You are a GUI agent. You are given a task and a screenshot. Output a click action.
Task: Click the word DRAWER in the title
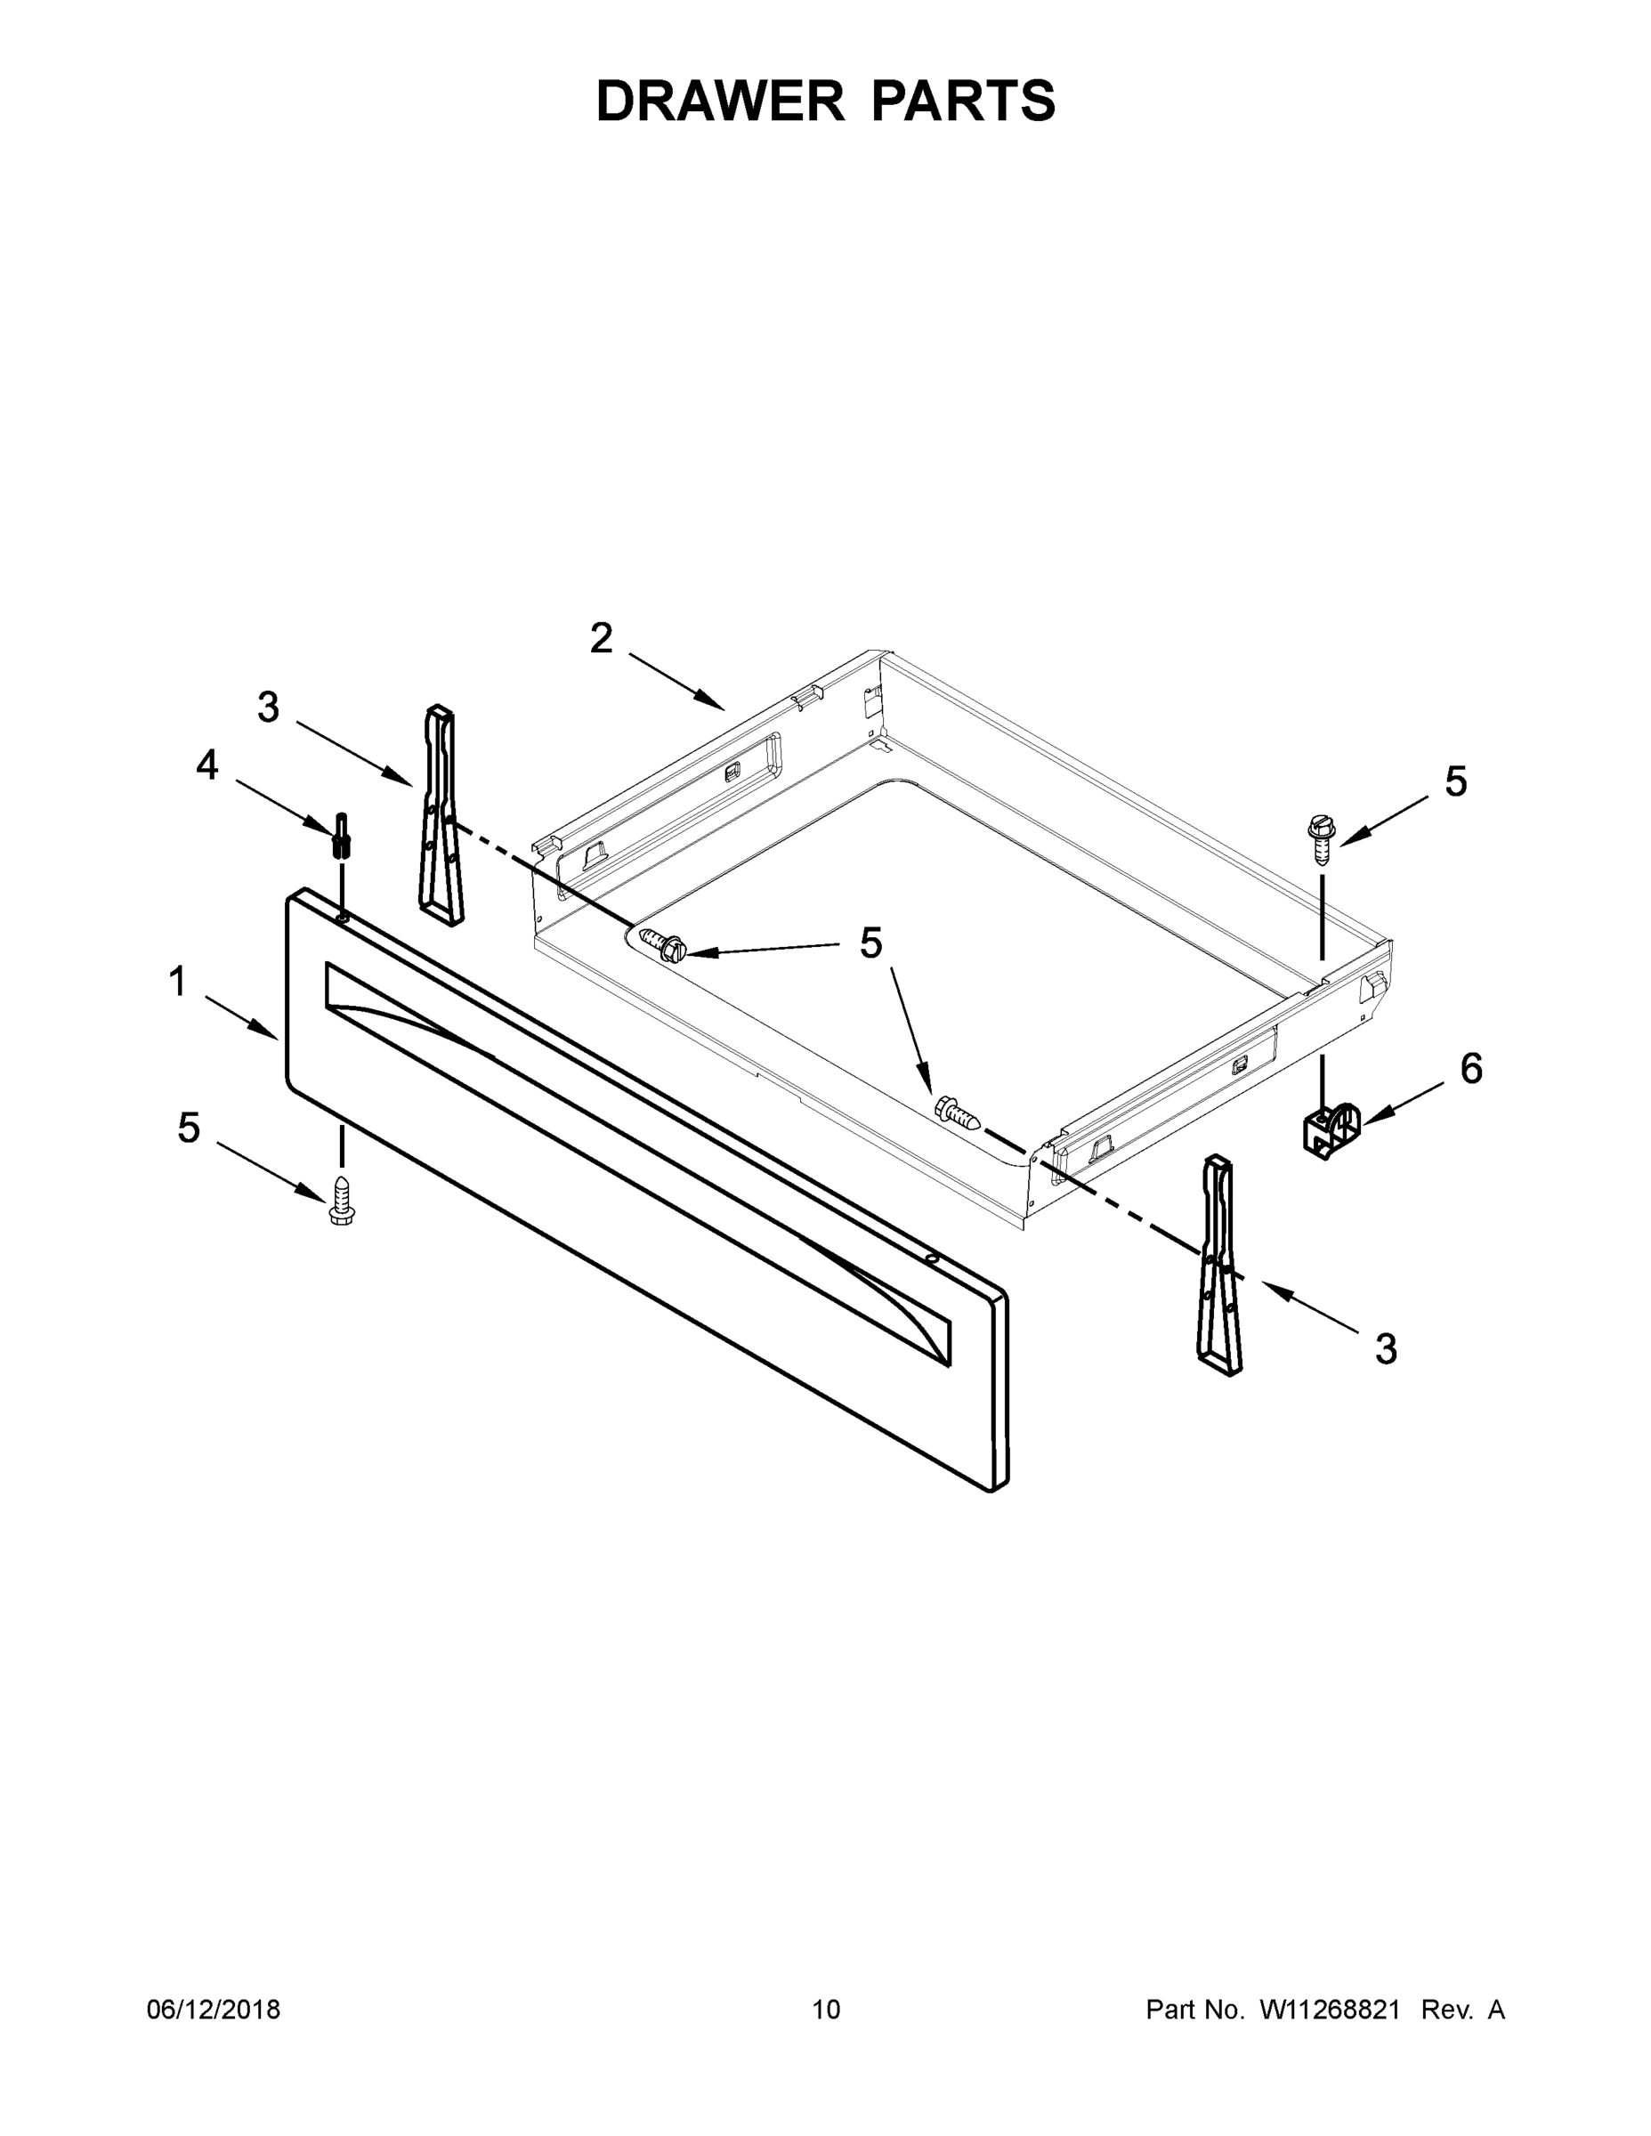click(x=720, y=101)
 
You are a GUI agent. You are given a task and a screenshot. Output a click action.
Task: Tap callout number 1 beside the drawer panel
click(x=177, y=981)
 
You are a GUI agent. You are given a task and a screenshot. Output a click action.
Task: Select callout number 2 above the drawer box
click(x=601, y=639)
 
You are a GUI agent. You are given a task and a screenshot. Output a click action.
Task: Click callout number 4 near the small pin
click(x=207, y=765)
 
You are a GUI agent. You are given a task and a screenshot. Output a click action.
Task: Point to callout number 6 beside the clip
click(x=1471, y=1069)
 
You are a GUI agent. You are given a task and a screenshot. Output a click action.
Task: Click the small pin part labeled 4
click(x=343, y=834)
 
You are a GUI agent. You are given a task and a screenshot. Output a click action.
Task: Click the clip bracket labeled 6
click(x=1332, y=1130)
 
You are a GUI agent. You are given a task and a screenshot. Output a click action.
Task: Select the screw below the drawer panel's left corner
click(x=342, y=1200)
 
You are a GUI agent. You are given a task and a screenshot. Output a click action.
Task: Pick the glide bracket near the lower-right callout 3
click(x=1218, y=1266)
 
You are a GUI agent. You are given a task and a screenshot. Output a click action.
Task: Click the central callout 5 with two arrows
click(x=870, y=943)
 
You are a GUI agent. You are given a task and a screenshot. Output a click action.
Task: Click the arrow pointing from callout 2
click(x=676, y=681)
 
